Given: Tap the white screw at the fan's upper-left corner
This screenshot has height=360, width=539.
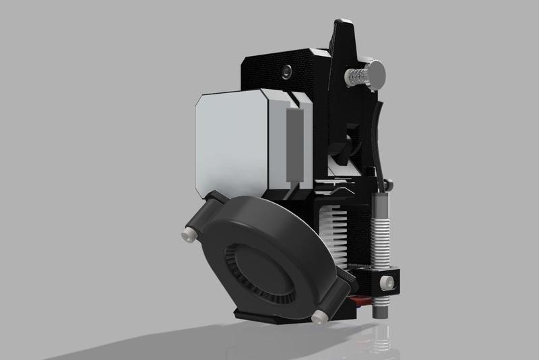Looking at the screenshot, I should click(x=186, y=233).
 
